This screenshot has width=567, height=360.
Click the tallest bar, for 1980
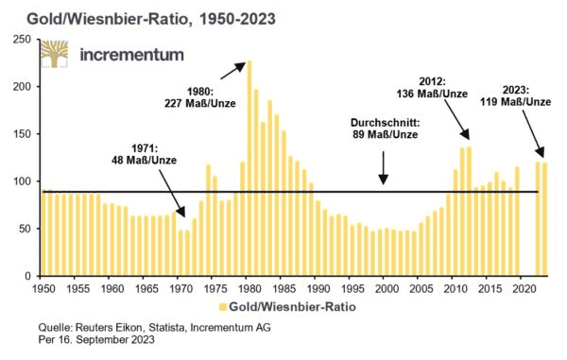point(249,168)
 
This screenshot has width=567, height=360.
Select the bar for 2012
point(469,211)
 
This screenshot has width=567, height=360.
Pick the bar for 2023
point(544,219)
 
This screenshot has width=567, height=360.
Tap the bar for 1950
point(43,232)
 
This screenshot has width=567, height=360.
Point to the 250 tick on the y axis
point(24,39)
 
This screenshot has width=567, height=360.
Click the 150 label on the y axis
point(24,134)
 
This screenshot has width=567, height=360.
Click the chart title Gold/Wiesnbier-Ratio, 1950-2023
point(151,19)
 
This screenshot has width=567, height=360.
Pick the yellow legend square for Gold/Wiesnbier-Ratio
point(223,307)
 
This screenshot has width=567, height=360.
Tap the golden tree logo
point(54,54)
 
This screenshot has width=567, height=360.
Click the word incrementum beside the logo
point(131,55)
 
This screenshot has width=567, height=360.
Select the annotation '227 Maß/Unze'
point(200,103)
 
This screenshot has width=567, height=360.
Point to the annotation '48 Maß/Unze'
point(145,160)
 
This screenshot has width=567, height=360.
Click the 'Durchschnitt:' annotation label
point(386,123)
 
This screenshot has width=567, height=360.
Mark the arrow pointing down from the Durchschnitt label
point(384,167)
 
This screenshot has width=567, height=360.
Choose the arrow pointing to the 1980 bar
point(233,71)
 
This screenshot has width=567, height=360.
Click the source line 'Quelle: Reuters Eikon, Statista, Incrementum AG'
point(154,328)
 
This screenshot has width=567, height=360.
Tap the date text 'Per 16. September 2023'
point(96,340)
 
